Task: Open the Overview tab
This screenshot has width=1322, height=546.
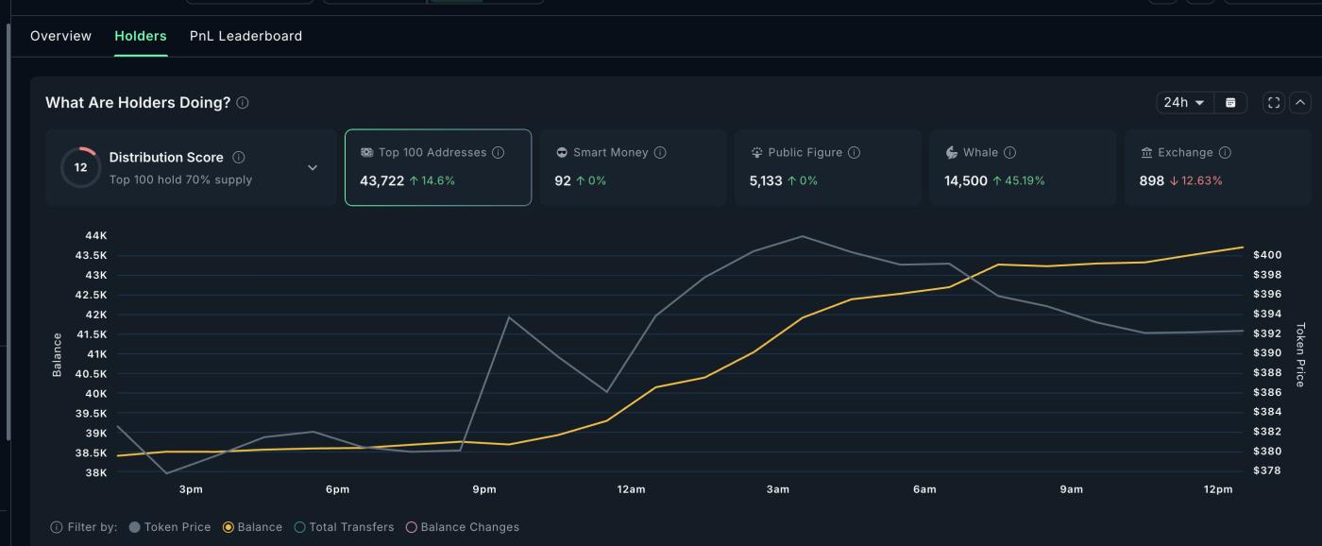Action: [x=60, y=36]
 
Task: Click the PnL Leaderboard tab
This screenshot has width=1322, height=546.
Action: [x=246, y=36]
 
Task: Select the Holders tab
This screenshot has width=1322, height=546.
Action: [x=140, y=36]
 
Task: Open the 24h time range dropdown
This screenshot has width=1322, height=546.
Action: [x=1184, y=102]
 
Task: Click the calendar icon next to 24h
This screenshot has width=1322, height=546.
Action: [x=1230, y=102]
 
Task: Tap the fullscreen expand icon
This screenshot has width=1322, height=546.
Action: [x=1274, y=102]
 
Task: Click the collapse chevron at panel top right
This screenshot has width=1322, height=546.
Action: [x=1300, y=102]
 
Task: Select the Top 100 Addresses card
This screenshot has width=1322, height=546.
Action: [x=437, y=167]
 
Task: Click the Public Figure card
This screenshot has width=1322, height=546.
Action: [x=827, y=167]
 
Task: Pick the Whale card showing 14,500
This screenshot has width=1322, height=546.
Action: [x=1022, y=167]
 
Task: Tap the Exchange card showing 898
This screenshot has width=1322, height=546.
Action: [x=1216, y=167]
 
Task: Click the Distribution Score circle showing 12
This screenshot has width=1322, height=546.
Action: [x=80, y=167]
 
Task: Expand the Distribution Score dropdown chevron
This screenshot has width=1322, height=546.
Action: [x=313, y=168]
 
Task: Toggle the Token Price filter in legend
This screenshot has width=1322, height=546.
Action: [x=169, y=527]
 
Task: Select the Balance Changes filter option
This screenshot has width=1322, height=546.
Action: [x=463, y=527]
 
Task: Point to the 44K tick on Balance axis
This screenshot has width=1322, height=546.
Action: [x=96, y=235]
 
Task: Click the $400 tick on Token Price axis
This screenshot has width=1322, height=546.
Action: [x=1267, y=255]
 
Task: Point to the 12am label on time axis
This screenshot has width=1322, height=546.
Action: [x=631, y=489]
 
